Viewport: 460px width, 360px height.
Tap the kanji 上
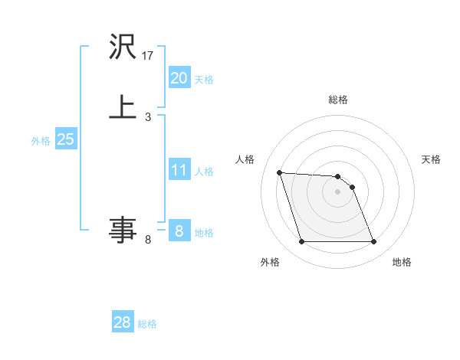[x=123, y=106]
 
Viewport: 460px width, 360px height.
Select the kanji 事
[x=123, y=229]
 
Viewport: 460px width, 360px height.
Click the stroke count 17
[x=149, y=56]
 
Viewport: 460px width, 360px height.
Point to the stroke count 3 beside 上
[x=148, y=117]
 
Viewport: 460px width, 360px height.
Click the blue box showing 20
[x=179, y=78]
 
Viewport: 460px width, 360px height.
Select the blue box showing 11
[x=179, y=170]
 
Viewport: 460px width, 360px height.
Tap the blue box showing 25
[x=65, y=139]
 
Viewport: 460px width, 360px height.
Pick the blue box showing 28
[x=123, y=322]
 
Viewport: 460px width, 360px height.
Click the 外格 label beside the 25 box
[x=41, y=141]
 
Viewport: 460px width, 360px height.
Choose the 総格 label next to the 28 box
[x=147, y=324]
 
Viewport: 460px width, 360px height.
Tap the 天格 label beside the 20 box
[x=204, y=80]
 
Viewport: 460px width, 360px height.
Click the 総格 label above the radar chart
[x=337, y=100]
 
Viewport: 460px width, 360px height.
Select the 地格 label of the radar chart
[x=402, y=262]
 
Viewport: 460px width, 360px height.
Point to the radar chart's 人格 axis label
[x=245, y=159]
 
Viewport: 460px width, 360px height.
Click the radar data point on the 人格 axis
[x=279, y=172]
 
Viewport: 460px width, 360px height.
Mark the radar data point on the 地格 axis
[x=373, y=242]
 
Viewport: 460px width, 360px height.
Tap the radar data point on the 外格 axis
[x=301, y=242]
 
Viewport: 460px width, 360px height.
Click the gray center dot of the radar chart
[x=337, y=192]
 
